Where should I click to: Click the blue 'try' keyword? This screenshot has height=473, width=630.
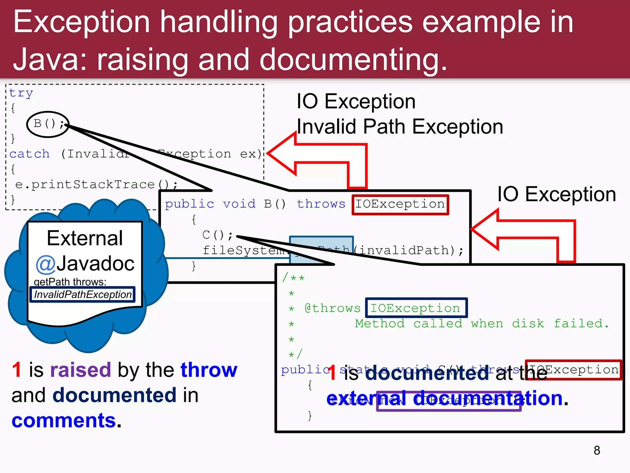coord(21,93)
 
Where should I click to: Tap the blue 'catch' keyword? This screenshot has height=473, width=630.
coord(30,154)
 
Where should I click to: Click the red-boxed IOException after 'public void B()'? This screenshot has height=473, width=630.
coord(400,204)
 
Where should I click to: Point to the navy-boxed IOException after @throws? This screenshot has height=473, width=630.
coord(416,308)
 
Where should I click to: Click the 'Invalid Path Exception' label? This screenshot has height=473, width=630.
coord(400,127)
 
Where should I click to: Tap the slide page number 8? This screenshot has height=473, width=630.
coord(597,450)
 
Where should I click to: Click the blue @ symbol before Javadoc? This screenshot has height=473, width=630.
coord(46,264)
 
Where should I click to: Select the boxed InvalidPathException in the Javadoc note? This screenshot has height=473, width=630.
coord(82,294)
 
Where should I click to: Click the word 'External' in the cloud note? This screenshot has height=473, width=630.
coord(85,238)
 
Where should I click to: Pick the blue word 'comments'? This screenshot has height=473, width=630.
coord(64,421)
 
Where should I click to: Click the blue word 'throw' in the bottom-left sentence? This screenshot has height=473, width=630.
coord(209,370)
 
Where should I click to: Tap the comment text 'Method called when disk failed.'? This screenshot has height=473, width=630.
coord(481,324)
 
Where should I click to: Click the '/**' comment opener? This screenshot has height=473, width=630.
coord(293,277)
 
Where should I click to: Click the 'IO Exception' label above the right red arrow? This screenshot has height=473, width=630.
coord(556,194)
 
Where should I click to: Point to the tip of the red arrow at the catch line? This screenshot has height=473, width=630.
coord(269,153)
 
